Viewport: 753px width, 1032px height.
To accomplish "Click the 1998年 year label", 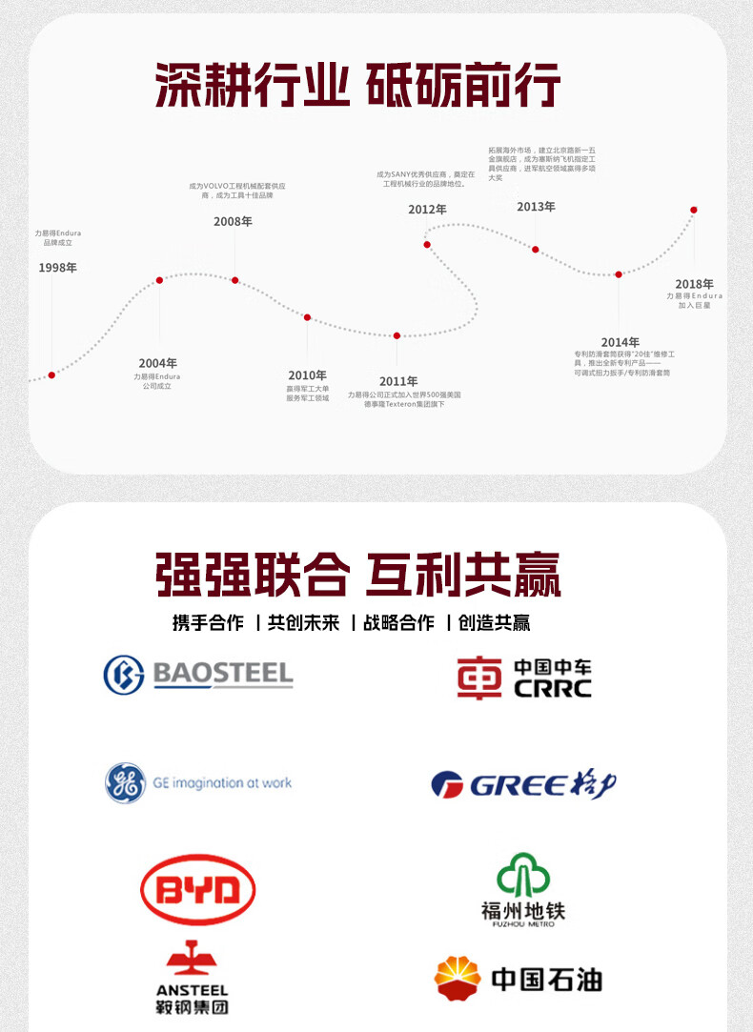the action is click(x=57, y=268).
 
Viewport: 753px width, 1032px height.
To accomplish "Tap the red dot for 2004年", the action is click(x=159, y=280).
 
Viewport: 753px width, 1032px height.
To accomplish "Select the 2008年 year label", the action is click(x=233, y=222).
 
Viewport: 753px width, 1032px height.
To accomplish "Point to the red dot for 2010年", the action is click(x=307, y=317).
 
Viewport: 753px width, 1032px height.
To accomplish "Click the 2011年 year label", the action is click(x=398, y=381).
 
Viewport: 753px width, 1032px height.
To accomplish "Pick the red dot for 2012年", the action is click(x=427, y=245).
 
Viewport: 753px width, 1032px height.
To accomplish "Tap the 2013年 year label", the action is click(x=536, y=207).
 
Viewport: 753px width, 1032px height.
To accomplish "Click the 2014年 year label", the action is click(x=620, y=342).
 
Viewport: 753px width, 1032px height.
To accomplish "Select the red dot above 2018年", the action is click(x=694, y=210).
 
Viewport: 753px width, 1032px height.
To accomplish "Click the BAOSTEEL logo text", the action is click(x=223, y=675).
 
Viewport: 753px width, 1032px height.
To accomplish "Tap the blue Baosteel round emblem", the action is click(x=124, y=675).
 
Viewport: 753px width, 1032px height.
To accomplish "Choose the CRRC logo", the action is click(x=523, y=678).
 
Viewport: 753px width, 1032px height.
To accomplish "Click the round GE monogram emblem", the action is click(x=125, y=783).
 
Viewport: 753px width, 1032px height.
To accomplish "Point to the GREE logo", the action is click(x=523, y=785).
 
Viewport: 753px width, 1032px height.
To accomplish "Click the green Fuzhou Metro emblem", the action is click(x=523, y=875).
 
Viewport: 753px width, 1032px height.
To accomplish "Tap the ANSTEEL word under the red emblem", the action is click(x=192, y=990).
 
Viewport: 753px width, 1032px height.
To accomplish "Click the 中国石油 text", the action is click(x=546, y=980).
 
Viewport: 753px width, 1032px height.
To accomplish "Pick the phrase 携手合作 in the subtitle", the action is click(x=208, y=623).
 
